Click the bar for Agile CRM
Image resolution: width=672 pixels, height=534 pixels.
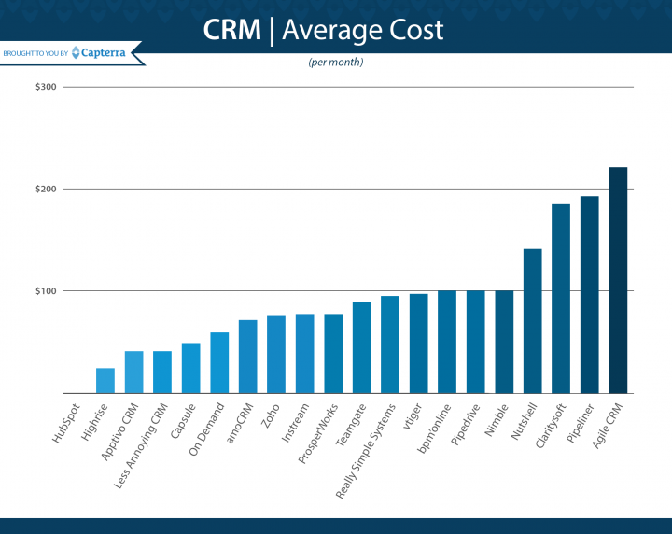click(x=618, y=280)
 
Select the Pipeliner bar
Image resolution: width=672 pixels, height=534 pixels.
click(x=590, y=294)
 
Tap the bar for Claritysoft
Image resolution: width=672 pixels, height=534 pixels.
click(x=561, y=298)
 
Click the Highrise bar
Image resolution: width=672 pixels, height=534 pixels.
click(x=105, y=380)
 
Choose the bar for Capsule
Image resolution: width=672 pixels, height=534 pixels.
click(x=190, y=368)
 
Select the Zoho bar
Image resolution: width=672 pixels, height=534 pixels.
click(x=276, y=354)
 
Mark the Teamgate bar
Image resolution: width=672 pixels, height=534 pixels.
click(x=362, y=347)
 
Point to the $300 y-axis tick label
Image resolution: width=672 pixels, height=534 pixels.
click(x=46, y=88)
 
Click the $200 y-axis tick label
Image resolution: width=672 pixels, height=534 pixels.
click(x=46, y=190)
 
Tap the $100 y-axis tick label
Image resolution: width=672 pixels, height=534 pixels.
click(x=46, y=291)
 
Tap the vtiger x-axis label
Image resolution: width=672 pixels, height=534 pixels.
click(x=413, y=415)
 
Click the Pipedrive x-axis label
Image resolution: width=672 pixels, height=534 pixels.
click(x=465, y=423)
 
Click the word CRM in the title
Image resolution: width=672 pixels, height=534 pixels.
click(x=231, y=31)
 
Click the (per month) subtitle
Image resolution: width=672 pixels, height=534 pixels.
click(x=335, y=63)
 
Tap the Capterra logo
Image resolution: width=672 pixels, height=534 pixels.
click(x=103, y=52)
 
